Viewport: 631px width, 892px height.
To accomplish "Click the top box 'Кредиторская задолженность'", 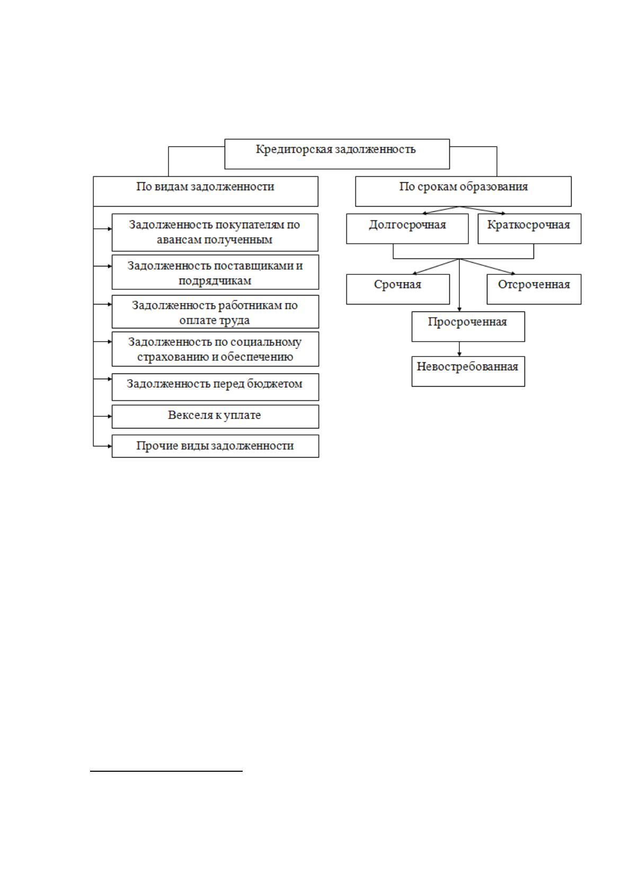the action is [x=337, y=154].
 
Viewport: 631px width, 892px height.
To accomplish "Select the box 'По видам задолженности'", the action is [x=206, y=192].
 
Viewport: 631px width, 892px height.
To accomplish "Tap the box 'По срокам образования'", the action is [x=463, y=192].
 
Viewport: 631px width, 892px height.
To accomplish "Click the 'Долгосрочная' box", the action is [x=407, y=229].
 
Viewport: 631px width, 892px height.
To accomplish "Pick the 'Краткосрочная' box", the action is [x=529, y=229].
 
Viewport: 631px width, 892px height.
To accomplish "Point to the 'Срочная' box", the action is [x=398, y=289].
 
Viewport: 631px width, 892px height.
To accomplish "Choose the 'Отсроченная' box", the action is [x=534, y=289].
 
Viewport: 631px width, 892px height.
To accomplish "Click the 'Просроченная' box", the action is [x=468, y=326].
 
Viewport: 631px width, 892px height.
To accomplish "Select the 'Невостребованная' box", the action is [x=468, y=371].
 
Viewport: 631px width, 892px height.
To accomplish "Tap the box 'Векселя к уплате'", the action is [x=215, y=416].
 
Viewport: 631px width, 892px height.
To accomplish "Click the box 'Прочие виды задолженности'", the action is [x=215, y=446].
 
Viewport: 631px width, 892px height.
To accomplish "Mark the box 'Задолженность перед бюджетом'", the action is [x=215, y=387].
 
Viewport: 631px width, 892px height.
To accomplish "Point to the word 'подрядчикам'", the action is [x=215, y=281].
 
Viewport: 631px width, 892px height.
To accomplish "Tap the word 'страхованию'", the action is [x=173, y=357].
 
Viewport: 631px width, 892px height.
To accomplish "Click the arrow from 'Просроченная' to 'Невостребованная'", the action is [x=459, y=349].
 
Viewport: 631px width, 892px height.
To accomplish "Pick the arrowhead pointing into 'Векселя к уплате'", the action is [x=110, y=416].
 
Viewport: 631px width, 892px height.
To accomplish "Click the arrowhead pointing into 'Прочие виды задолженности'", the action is [x=110, y=446].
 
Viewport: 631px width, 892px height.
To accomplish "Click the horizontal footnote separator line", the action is [x=166, y=771].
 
